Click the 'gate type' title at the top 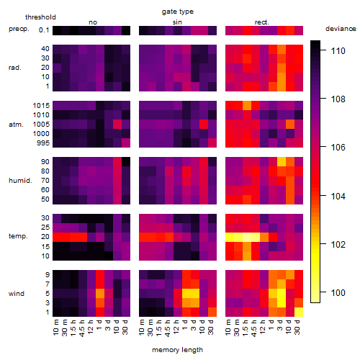point(178,12)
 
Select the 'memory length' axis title point(177,350)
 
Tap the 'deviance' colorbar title point(341,29)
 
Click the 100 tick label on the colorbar point(338,293)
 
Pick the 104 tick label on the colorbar point(338,197)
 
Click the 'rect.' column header point(262,22)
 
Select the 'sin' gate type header point(177,22)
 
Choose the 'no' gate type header point(93,22)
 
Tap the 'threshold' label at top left point(40,17)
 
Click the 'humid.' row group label point(20,181)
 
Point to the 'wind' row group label point(17,294)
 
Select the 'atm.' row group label point(16,125)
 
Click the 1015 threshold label point(41,106)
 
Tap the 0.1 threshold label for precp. point(44,30)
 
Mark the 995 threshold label point(43,143)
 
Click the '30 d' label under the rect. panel point(297,327)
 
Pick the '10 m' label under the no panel point(55,328)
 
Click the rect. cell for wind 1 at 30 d point(299,312)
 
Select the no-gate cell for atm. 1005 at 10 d point(117,125)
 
